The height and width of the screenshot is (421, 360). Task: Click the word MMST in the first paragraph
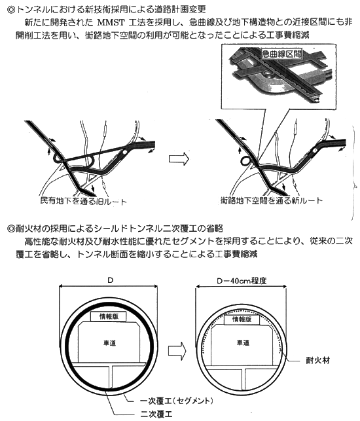(111, 22)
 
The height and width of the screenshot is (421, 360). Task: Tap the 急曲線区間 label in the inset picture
(281, 54)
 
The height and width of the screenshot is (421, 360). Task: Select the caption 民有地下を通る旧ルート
(83, 201)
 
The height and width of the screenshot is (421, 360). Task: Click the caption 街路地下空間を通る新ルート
(271, 200)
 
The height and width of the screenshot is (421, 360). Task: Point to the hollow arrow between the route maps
(179, 159)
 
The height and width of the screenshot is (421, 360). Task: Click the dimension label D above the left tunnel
(110, 280)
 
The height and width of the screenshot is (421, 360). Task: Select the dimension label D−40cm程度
(242, 281)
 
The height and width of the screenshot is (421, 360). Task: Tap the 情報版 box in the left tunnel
(109, 316)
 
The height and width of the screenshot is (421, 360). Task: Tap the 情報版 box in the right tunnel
(242, 320)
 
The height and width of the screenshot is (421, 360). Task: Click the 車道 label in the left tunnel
(109, 343)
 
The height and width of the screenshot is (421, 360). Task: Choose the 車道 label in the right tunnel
(243, 342)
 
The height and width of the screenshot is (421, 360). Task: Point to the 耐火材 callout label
(318, 360)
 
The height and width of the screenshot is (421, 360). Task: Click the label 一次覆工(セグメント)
(177, 401)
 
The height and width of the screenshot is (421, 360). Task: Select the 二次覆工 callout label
(156, 414)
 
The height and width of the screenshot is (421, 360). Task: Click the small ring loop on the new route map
(245, 161)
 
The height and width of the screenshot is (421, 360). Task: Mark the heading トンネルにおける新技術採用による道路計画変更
(106, 9)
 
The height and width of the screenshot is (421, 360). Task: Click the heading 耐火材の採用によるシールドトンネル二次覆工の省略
(115, 229)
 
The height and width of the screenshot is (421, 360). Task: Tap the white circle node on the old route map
(124, 153)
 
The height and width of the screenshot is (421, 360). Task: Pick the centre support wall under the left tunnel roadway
(111, 378)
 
